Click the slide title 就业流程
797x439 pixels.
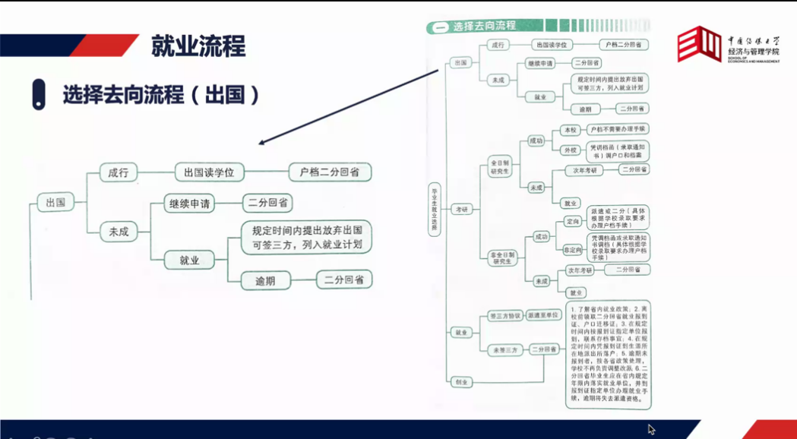[x=198, y=46]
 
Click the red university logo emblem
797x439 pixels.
[x=698, y=44]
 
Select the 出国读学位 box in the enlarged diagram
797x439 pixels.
[x=209, y=172]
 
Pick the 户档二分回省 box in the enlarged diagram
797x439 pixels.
[x=330, y=172]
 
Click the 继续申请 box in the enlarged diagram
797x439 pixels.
[x=189, y=204]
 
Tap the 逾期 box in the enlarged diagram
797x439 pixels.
[x=259, y=280]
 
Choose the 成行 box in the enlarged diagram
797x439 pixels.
[x=119, y=172]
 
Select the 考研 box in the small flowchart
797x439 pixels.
[x=461, y=209]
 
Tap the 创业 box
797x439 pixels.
[x=460, y=381]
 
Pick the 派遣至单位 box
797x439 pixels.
[x=544, y=315]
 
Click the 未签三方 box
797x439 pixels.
[x=503, y=350]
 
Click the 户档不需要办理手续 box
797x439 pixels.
[x=618, y=130]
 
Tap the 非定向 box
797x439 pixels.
[x=572, y=249]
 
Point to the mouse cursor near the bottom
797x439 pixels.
[x=651, y=429]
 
